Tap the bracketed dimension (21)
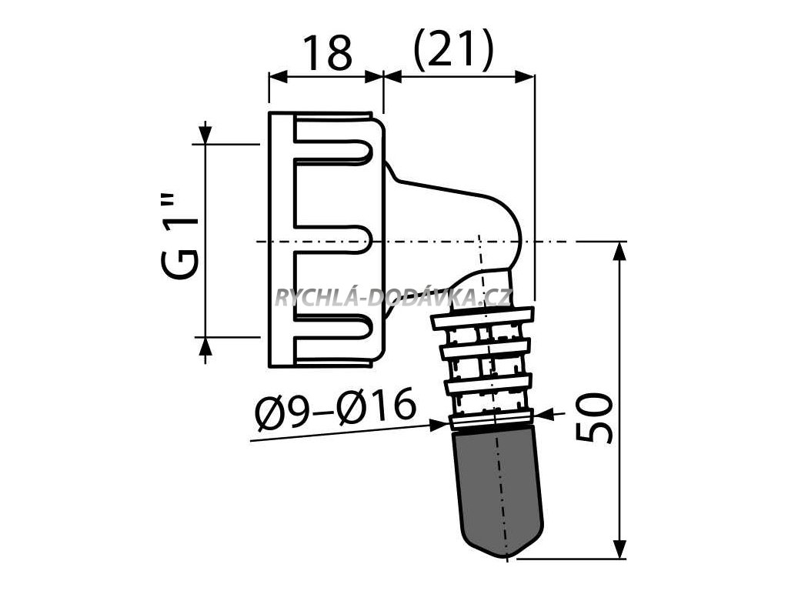click(452, 52)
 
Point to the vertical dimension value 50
click(596, 418)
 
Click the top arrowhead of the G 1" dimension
click(205, 135)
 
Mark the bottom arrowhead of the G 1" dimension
click(205, 346)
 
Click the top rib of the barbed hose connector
click(482, 316)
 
